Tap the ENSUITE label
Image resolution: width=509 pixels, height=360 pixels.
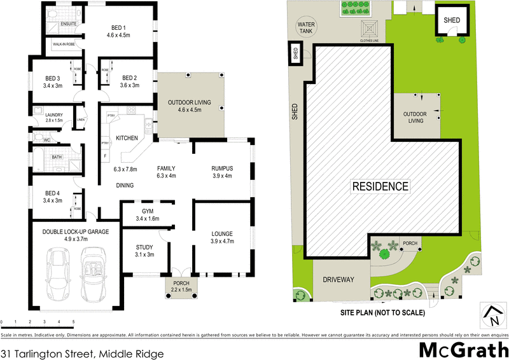(69, 24)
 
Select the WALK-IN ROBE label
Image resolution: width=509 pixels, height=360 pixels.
(66, 45)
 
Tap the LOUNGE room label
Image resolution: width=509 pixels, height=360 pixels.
(223, 233)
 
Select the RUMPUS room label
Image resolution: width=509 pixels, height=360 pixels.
(223, 168)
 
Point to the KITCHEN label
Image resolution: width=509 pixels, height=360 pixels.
(127, 138)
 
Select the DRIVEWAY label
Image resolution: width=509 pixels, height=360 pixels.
(337, 280)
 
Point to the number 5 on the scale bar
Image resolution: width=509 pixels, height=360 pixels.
(74, 321)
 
